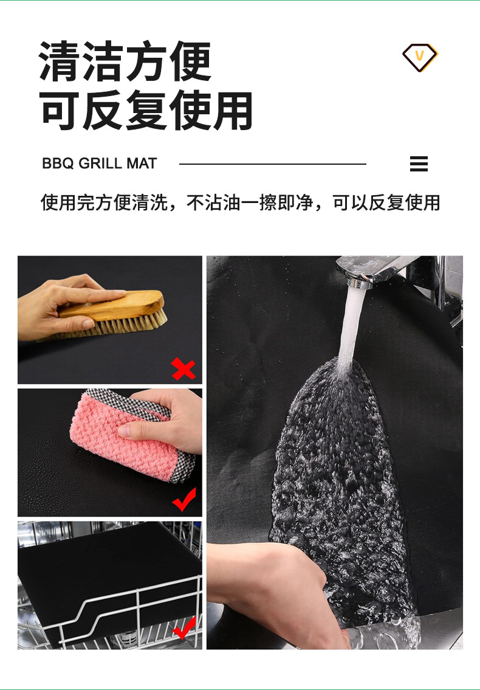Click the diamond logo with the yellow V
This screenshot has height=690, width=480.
pos(420,57)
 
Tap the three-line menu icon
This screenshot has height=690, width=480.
pos(419,164)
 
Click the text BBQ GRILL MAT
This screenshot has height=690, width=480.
pos(100,164)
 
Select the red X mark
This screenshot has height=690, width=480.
pos(183,369)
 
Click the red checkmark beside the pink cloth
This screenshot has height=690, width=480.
pos(185,500)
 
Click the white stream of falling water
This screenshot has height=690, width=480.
pos(352,326)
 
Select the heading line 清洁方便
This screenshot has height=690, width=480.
pos(125,61)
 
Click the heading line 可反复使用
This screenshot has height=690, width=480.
pos(146,111)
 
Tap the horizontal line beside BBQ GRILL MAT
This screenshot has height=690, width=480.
pos(273,164)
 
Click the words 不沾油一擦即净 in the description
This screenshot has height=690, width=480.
pos(250,202)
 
